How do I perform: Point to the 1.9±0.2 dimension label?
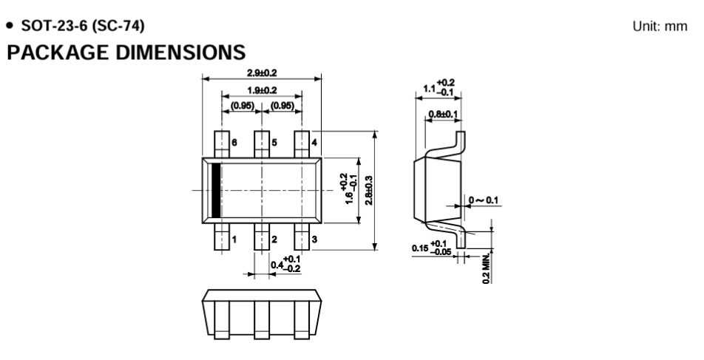click(262, 89)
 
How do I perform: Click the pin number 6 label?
click(234, 143)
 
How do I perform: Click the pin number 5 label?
click(274, 143)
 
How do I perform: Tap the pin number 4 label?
click(314, 143)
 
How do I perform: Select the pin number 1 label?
click(234, 240)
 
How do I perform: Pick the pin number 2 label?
click(274, 240)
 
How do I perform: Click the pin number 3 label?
click(314, 240)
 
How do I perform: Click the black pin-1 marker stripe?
click(217, 191)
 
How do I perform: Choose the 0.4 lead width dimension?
click(285, 262)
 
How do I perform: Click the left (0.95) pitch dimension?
click(243, 105)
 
